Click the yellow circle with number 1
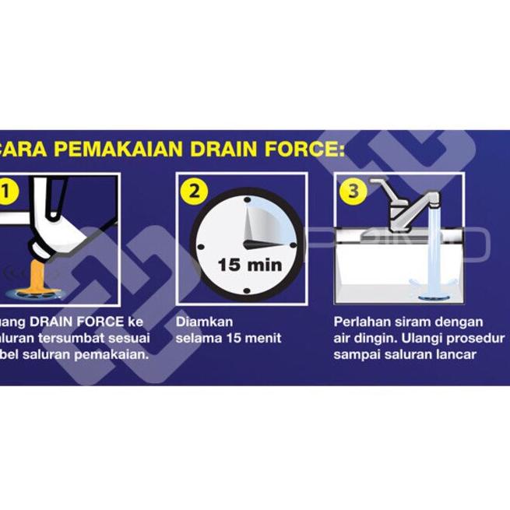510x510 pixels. (7, 189)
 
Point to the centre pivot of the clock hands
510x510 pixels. (248, 244)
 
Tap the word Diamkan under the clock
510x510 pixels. (205, 322)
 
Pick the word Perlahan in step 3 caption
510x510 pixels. (359, 322)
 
